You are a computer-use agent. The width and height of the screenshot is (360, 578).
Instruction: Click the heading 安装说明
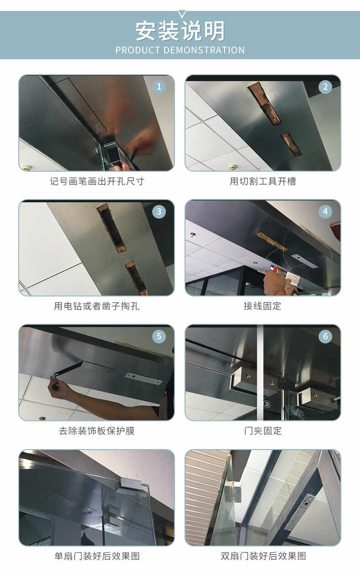(180, 31)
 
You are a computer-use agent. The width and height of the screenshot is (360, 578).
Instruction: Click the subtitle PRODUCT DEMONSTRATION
(180, 50)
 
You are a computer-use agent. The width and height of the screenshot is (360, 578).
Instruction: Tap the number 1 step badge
(159, 87)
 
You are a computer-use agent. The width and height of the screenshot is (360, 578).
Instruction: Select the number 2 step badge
(325, 87)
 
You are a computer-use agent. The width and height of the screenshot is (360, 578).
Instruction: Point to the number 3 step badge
(159, 212)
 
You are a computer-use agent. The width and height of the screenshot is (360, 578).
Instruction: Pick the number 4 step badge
(325, 212)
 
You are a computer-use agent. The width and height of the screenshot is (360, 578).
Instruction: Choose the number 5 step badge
(159, 336)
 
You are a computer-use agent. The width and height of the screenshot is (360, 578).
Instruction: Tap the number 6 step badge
(325, 336)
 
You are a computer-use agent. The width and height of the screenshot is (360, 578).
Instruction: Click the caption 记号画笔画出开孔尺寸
(97, 181)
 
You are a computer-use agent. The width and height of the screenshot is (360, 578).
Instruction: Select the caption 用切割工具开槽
(263, 181)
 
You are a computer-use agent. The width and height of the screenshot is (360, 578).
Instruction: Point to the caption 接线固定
(263, 306)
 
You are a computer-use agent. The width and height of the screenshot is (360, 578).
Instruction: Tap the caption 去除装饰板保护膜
(97, 431)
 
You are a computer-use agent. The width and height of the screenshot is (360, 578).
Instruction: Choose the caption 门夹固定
(263, 431)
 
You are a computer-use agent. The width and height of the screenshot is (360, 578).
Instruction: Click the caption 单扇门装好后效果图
(97, 556)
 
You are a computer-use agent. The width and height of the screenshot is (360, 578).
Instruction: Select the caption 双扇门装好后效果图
(263, 556)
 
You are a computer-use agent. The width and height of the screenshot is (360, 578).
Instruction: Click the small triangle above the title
(182, 14)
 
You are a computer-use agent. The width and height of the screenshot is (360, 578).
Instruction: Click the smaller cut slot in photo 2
(291, 144)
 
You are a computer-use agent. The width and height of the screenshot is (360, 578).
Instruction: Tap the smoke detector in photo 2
(233, 167)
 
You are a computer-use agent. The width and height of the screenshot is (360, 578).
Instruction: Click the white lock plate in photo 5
(144, 379)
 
